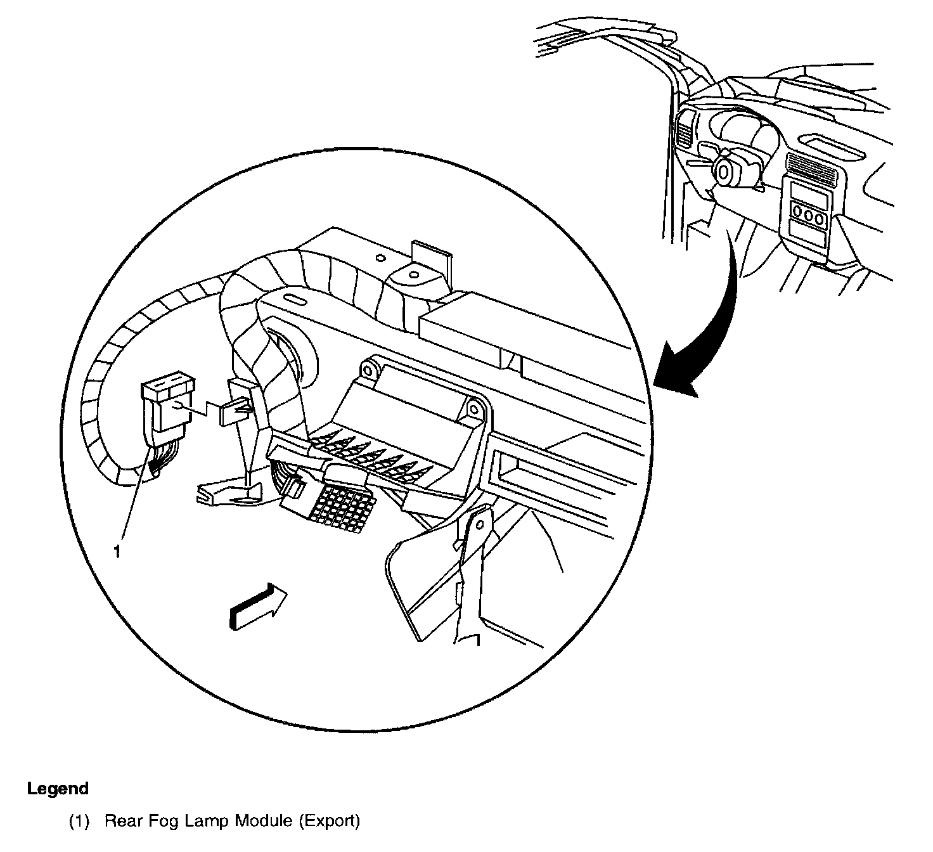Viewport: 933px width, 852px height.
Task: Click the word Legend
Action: click(x=58, y=789)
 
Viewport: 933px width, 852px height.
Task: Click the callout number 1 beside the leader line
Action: click(x=116, y=552)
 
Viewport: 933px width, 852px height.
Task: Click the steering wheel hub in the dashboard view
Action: click(x=724, y=169)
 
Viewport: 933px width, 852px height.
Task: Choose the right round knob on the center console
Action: click(x=821, y=219)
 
